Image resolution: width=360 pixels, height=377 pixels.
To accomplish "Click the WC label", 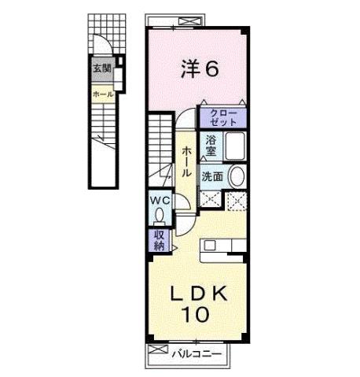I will pos(160,199).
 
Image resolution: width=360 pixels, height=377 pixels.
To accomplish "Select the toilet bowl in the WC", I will pos(160,213).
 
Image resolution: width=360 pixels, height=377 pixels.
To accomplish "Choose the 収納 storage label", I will pos(159,239).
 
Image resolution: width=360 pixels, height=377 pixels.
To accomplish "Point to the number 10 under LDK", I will pos(197,316).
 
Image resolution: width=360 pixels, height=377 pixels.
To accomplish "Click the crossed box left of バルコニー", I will pos(157,352).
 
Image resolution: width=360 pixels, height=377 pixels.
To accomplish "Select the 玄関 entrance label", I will pos(102,68).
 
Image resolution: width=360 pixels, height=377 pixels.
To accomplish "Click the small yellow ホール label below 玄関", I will pos(102,94).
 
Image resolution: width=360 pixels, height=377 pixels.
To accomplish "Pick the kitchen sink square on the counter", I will pos(210,246).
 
